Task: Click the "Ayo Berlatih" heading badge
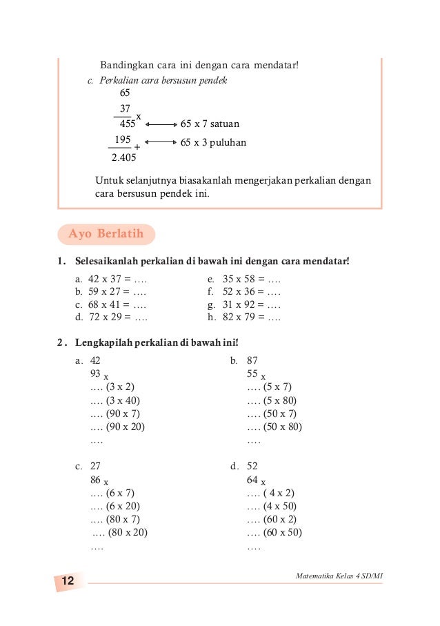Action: tap(106, 234)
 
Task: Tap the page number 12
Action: tap(68, 582)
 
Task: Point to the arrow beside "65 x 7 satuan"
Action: tap(161, 125)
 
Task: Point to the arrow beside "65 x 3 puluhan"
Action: tap(161, 143)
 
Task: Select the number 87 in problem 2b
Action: tap(252, 360)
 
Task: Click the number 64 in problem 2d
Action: tap(252, 479)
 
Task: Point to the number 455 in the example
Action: tap(127, 125)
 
